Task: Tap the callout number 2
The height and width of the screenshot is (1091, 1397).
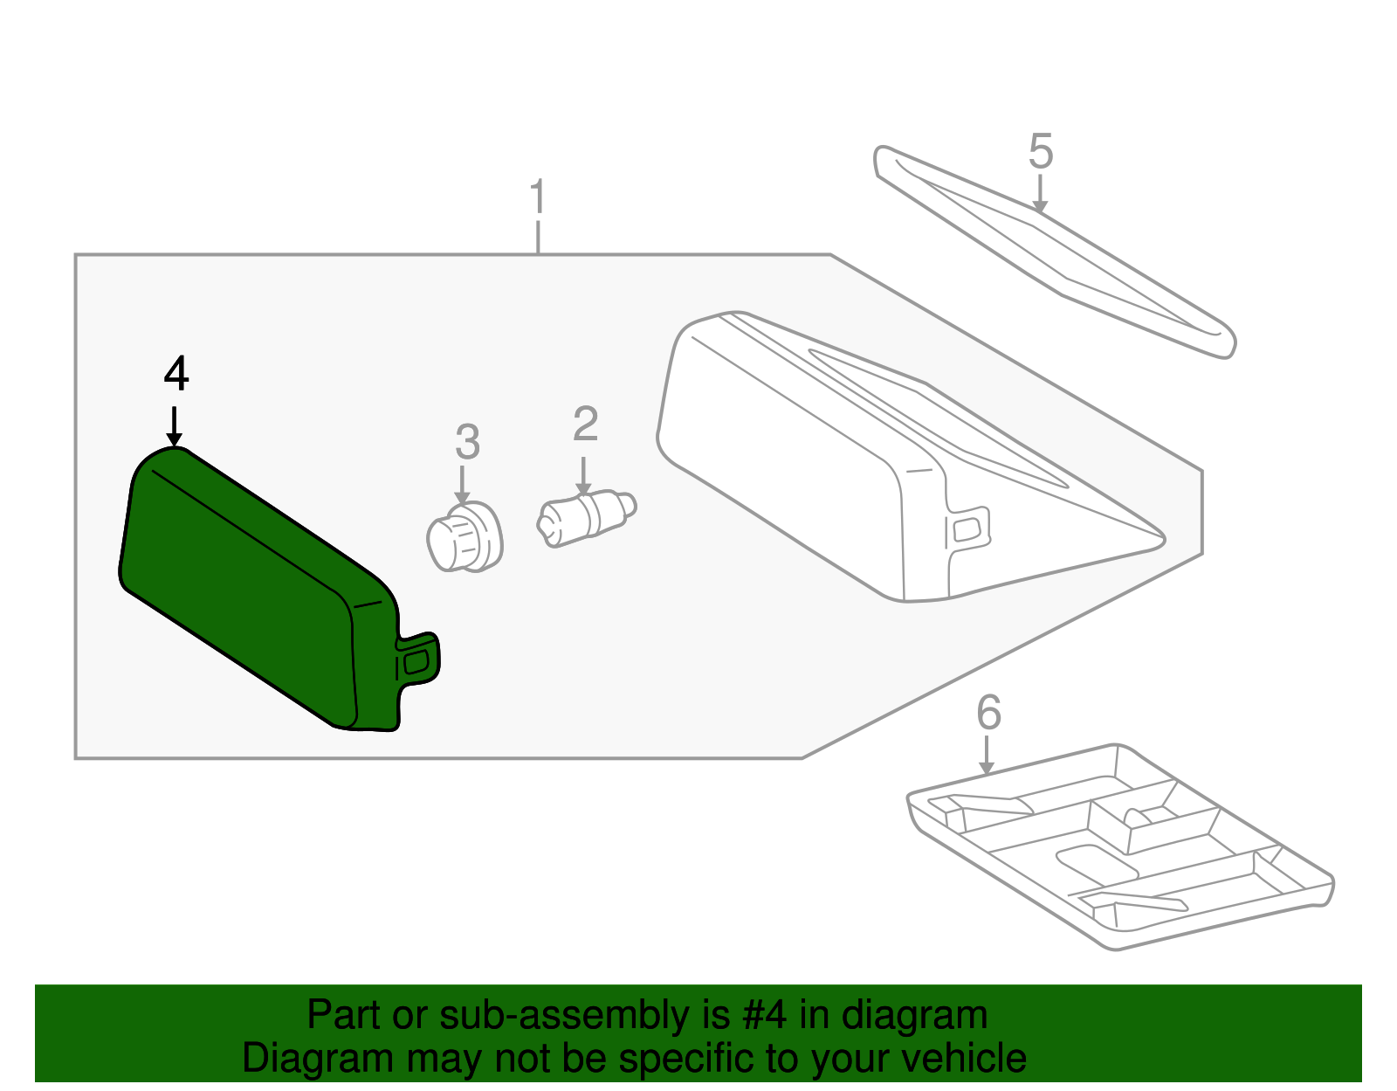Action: (585, 425)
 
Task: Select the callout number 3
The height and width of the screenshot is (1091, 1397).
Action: (467, 442)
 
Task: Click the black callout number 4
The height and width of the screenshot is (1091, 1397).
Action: (176, 375)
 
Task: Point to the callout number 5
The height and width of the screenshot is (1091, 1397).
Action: (1041, 152)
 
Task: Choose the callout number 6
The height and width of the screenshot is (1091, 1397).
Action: (988, 713)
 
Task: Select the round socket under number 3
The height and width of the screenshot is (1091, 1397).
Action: (465, 538)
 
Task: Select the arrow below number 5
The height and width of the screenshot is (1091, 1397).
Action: (1039, 194)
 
